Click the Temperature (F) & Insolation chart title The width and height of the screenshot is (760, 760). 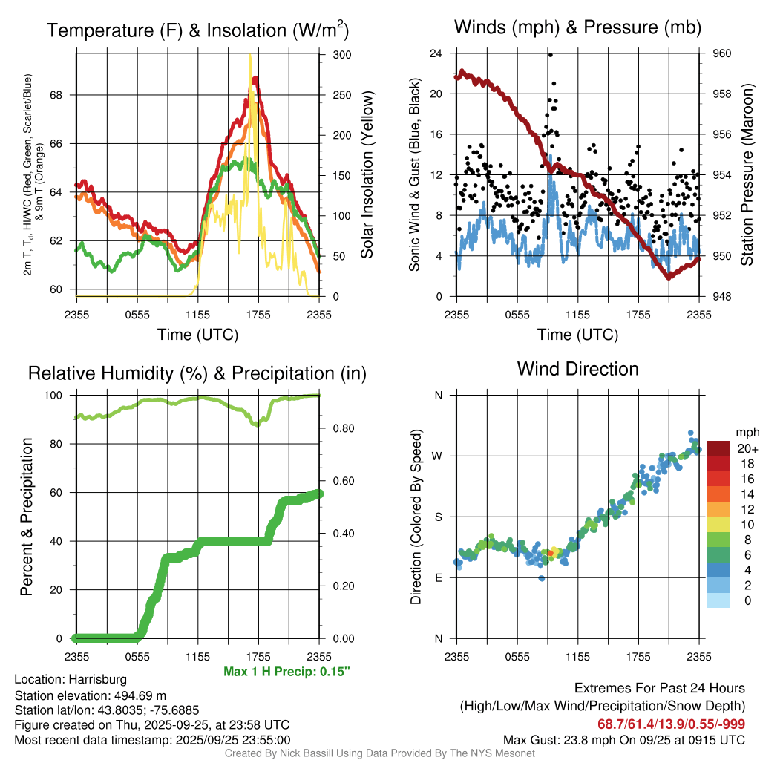(x=197, y=30)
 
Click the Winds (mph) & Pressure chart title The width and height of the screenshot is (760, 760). (x=577, y=27)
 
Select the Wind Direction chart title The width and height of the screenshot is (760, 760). (x=577, y=369)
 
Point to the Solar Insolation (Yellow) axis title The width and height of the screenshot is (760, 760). (x=367, y=174)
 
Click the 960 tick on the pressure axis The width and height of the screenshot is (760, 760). (x=721, y=53)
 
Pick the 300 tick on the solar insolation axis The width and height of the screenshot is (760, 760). (x=342, y=55)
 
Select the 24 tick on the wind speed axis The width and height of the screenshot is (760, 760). (x=436, y=53)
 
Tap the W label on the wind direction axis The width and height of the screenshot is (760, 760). (x=438, y=456)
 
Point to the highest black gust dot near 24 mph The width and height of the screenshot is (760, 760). (x=550, y=54)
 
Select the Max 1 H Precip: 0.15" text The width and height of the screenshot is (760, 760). (x=286, y=672)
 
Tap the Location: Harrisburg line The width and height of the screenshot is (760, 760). (x=71, y=679)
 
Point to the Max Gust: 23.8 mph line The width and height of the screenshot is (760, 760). (x=624, y=739)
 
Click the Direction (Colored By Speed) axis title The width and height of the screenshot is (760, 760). (x=416, y=517)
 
